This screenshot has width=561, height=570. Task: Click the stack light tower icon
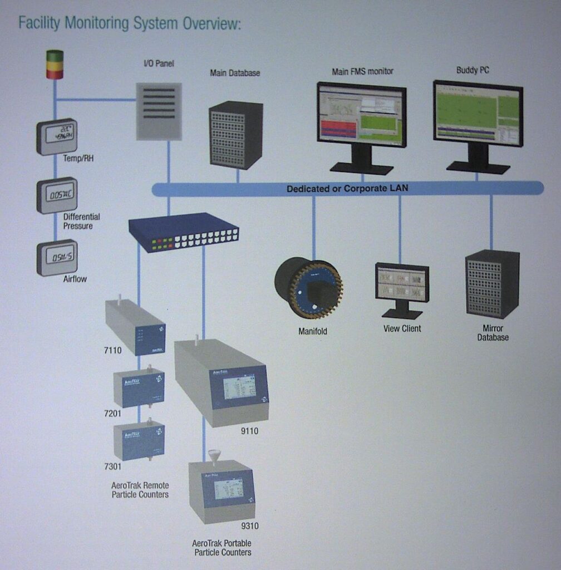point(55,65)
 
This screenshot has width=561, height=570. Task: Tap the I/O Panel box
point(159,111)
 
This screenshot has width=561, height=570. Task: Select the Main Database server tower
point(235,135)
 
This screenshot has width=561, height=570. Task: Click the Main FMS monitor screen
point(362,114)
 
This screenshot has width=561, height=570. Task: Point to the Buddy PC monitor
point(478,113)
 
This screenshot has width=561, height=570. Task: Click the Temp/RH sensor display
point(57,136)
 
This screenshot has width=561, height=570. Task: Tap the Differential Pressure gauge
point(57,195)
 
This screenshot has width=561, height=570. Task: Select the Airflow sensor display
point(57,257)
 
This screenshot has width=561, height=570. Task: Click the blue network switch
point(184,232)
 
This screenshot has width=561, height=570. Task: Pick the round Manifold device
point(308,288)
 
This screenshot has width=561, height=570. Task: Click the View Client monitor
point(402,282)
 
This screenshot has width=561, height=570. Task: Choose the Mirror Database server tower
point(492,283)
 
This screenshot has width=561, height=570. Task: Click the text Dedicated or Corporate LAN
point(347,189)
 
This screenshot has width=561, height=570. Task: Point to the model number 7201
point(114,414)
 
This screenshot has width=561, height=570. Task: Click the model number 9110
point(249,430)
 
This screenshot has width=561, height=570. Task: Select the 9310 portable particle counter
point(222,490)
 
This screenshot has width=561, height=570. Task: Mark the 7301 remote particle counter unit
point(139,441)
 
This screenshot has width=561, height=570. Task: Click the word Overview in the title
point(211,24)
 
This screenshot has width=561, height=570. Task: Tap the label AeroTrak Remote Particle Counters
point(140,490)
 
